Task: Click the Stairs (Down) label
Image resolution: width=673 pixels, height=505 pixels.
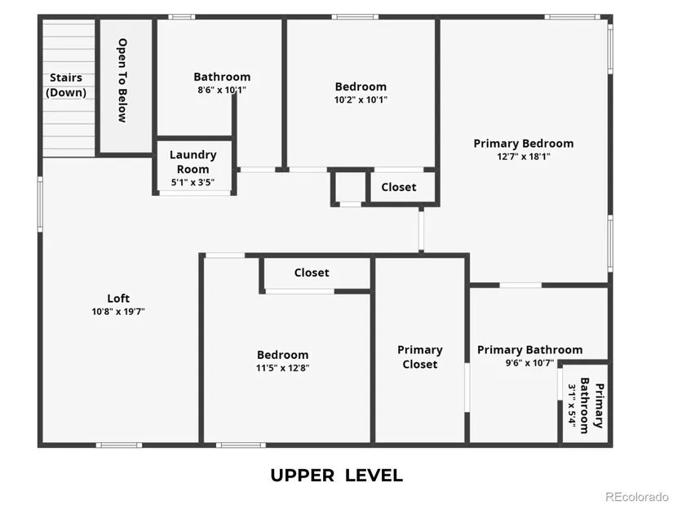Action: [x=66, y=85]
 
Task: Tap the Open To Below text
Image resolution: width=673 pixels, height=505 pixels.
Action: [x=122, y=80]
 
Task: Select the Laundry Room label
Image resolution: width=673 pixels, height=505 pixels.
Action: [x=193, y=161]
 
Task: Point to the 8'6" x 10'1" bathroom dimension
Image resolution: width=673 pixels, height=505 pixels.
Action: [x=220, y=91]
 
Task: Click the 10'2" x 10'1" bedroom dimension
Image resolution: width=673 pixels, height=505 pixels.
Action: [x=361, y=100]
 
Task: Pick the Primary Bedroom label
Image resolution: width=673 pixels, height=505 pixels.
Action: [x=523, y=144]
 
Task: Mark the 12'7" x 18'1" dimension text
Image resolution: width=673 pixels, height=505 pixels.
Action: [x=523, y=157]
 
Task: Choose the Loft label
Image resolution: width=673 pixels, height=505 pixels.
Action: [x=118, y=299]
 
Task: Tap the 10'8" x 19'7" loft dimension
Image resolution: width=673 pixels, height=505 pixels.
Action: [x=118, y=311]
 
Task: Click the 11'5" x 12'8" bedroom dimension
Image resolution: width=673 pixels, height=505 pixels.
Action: [x=282, y=368]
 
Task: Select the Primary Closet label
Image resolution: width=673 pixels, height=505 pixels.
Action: [x=419, y=357]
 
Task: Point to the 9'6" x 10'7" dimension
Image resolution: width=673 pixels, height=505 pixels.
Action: [x=529, y=363]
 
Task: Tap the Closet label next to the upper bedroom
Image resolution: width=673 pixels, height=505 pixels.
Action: [x=398, y=188]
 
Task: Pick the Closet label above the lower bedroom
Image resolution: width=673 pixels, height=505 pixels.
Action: [x=312, y=272]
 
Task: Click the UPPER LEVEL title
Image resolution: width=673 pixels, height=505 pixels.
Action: [x=336, y=476]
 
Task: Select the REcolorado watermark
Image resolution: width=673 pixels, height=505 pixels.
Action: [x=637, y=496]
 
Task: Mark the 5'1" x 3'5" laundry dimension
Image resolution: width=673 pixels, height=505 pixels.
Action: [x=193, y=183]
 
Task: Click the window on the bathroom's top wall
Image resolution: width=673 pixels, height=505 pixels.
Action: [x=181, y=16]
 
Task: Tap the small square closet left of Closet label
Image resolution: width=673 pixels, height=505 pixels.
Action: [x=350, y=187]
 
